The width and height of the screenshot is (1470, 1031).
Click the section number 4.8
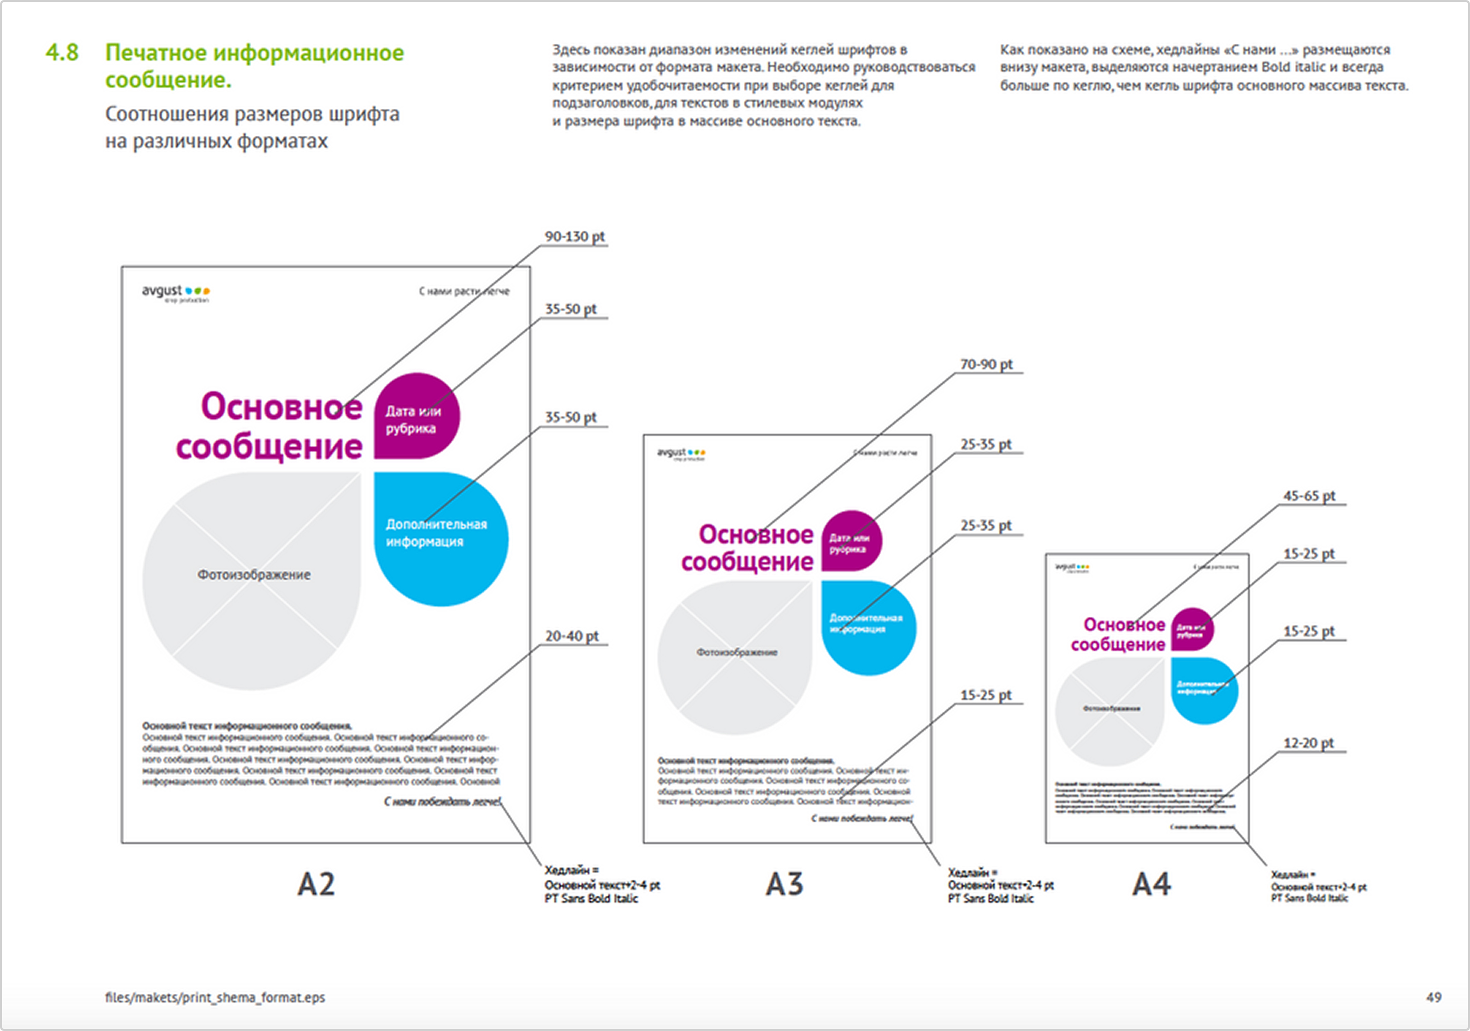coord(62,53)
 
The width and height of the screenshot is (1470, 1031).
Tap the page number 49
coord(1433,997)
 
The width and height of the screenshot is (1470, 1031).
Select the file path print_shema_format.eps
coord(215,997)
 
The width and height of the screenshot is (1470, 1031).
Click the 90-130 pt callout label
coord(574,236)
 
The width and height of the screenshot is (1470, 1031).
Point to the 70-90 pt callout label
coord(986,364)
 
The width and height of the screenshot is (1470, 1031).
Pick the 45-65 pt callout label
coord(1309,496)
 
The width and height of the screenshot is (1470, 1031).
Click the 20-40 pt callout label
coord(571,636)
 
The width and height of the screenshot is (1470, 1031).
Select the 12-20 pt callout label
coord(1308,743)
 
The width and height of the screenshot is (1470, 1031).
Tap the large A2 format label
coord(316,884)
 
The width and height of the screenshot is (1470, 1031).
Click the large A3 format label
coord(784,884)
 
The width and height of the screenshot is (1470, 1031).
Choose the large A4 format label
coord(1151,884)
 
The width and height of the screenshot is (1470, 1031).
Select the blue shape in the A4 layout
coord(1204,690)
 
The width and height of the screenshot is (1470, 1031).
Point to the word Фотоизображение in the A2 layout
coord(254,575)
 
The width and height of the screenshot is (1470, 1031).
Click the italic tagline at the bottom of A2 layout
coord(442,802)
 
